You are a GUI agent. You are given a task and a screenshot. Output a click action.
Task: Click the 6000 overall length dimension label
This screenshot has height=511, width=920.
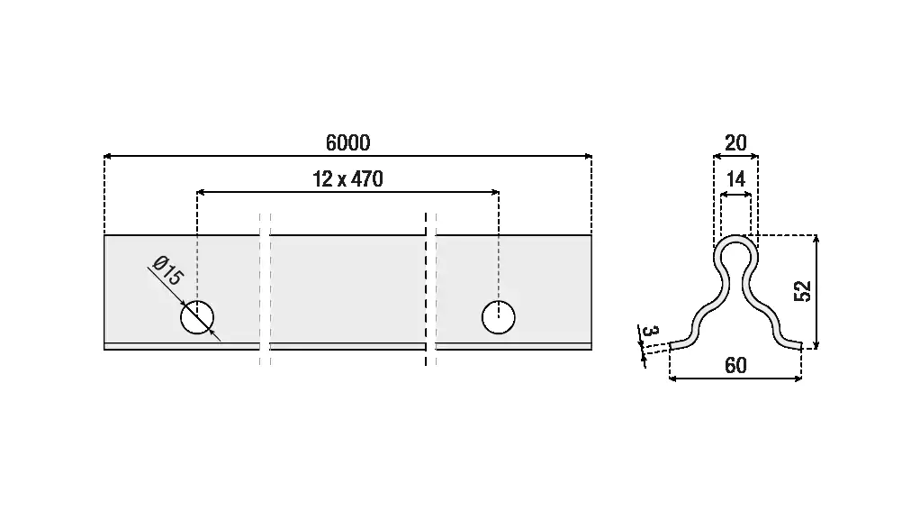point(348,142)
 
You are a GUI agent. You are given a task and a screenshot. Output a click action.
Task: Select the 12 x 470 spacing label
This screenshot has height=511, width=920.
point(348,178)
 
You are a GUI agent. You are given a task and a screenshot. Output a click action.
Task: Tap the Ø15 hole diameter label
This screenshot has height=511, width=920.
point(167,270)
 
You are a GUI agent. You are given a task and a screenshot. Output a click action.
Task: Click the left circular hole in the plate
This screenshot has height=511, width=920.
point(197,317)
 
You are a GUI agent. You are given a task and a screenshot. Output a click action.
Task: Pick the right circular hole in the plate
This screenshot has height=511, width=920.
point(499,317)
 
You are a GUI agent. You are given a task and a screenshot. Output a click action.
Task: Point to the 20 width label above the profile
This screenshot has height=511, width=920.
point(735,142)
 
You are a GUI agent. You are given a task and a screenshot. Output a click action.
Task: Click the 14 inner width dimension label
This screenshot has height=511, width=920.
point(735,178)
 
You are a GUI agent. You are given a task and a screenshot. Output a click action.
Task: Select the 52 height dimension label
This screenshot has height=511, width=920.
point(803,291)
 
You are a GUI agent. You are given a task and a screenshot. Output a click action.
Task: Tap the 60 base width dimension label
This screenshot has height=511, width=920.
point(735,365)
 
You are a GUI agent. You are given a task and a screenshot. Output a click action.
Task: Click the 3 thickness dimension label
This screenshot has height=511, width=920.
point(651,332)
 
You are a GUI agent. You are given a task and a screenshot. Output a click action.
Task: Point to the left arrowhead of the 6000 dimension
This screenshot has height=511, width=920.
point(107,156)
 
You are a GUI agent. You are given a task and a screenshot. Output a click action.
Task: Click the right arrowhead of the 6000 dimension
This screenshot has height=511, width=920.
point(589,156)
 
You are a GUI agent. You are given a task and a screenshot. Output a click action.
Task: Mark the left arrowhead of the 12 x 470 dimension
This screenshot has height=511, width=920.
point(201,192)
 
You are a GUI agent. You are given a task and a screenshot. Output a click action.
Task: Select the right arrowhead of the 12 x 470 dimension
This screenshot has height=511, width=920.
point(495,192)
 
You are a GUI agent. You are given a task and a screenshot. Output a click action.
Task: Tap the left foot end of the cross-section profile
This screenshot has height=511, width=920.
point(672,347)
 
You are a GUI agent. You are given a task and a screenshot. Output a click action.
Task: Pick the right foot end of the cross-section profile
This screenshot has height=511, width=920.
point(799,347)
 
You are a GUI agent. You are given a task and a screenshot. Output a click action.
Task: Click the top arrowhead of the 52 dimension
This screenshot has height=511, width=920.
point(816,239)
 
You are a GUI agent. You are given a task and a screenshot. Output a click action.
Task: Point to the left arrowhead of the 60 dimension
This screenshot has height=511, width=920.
point(673,379)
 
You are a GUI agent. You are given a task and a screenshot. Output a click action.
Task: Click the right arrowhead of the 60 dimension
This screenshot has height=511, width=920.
point(798,379)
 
